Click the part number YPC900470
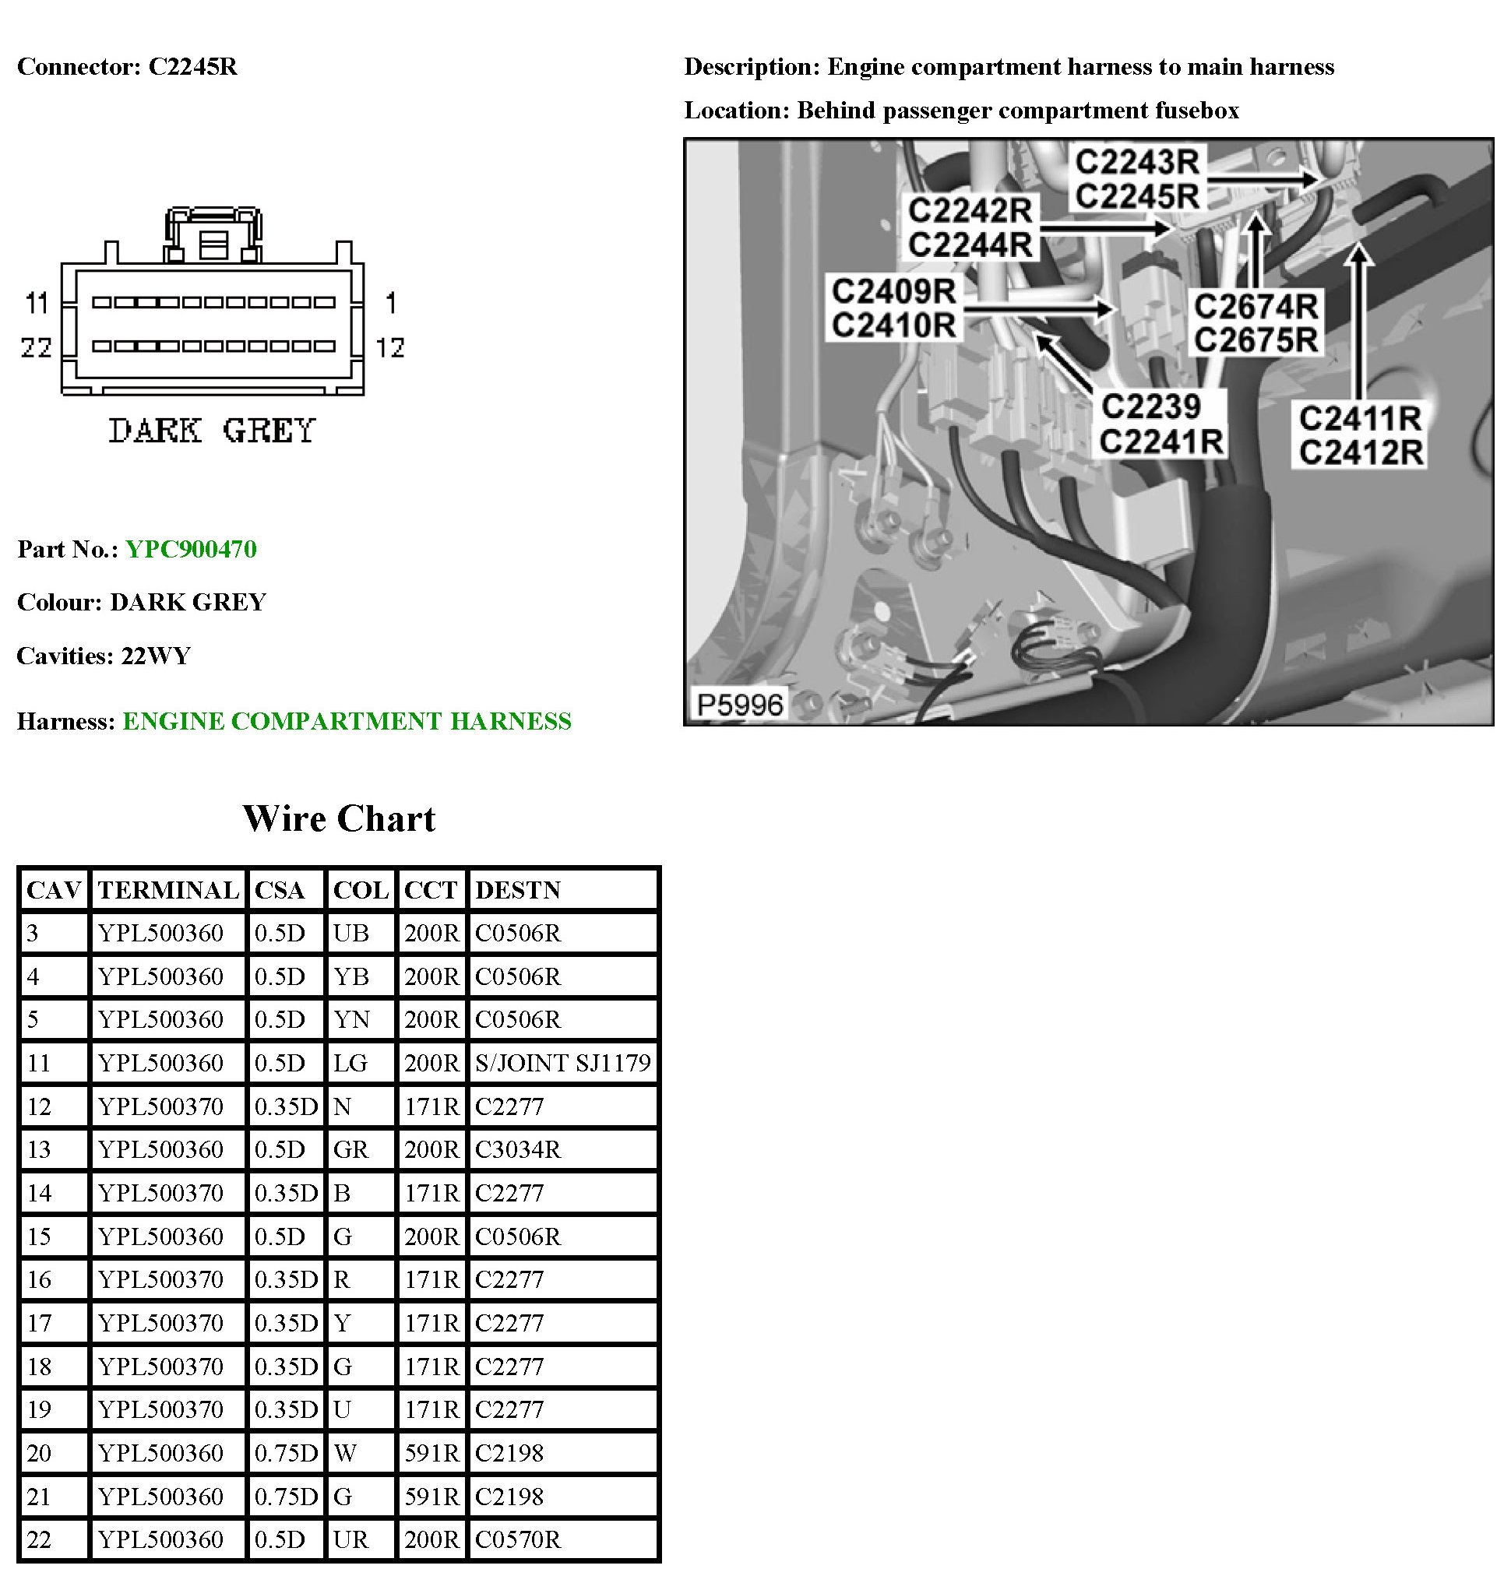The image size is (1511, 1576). pyautogui.click(x=191, y=549)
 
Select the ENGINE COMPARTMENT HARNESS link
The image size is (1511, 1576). pyautogui.click(x=347, y=721)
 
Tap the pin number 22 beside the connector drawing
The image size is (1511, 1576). pyautogui.click(x=36, y=347)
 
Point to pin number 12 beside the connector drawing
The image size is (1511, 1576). pyautogui.click(x=390, y=347)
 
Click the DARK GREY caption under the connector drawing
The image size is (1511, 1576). pyautogui.click(x=213, y=431)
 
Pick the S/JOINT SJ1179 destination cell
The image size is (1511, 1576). pyautogui.click(x=562, y=1063)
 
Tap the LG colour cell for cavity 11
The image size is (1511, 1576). pyautogui.click(x=350, y=1063)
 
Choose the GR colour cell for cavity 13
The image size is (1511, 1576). pyautogui.click(x=350, y=1149)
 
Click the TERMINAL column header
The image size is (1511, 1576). pyautogui.click(x=168, y=890)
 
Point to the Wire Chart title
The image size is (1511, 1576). pyautogui.click(x=339, y=818)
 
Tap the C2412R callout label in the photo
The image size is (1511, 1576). pyautogui.click(x=1361, y=452)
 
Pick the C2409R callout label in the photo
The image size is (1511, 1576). pyautogui.click(x=893, y=291)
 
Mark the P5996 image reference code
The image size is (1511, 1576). pyautogui.click(x=739, y=705)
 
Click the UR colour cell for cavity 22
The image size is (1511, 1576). pyautogui.click(x=350, y=1539)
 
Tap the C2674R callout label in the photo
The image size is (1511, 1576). pyautogui.click(x=1256, y=306)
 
